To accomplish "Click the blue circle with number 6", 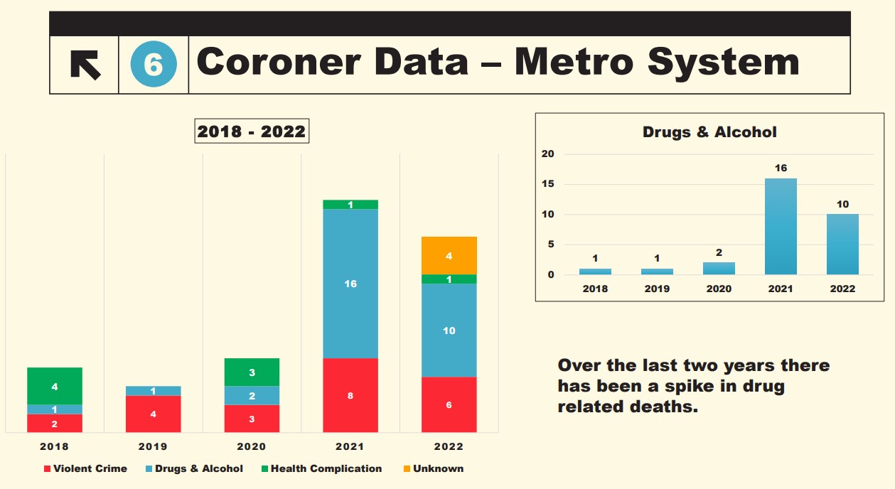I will click(x=154, y=65).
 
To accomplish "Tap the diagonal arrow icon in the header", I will click(x=85, y=65).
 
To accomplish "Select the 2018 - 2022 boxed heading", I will click(x=252, y=131).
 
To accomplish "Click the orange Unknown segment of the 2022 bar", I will click(x=449, y=255).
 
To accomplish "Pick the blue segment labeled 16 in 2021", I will click(x=350, y=284).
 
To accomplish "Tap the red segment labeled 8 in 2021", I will click(x=350, y=395).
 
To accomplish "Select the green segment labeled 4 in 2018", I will click(x=55, y=386).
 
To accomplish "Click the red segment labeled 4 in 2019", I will click(x=153, y=414).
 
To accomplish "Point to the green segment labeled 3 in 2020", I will click(x=252, y=372).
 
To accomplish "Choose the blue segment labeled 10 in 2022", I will click(x=449, y=331).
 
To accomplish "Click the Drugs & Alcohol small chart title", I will click(x=709, y=132).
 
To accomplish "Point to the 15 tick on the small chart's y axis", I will click(x=547, y=184).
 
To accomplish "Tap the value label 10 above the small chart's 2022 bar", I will click(x=842, y=205).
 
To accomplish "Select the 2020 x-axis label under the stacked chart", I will click(x=252, y=446).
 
